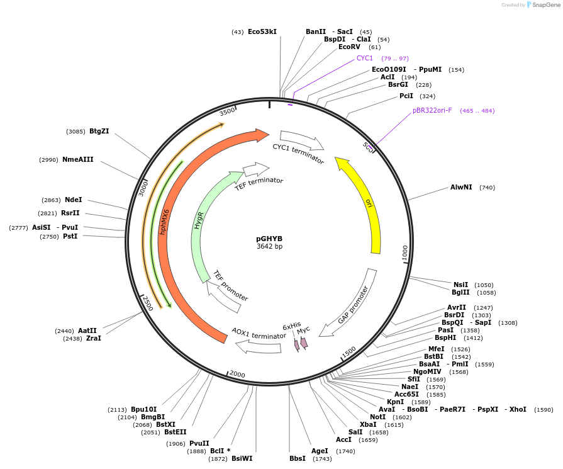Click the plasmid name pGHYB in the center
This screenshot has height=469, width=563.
(x=269, y=239)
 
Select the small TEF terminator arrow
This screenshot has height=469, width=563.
(x=256, y=169)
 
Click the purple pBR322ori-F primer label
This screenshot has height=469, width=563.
(x=432, y=111)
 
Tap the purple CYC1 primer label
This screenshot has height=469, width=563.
(x=365, y=58)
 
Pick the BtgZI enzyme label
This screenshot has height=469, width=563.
(x=99, y=131)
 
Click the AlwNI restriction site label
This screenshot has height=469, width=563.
(x=461, y=187)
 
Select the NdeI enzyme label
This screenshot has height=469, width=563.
(x=74, y=200)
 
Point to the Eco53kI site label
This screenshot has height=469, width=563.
(x=262, y=31)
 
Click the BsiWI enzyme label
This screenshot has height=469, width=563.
(x=242, y=458)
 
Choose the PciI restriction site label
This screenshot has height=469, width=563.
(x=406, y=96)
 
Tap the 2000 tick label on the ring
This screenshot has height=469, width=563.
(x=237, y=375)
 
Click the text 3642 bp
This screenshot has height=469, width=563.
(x=269, y=247)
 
